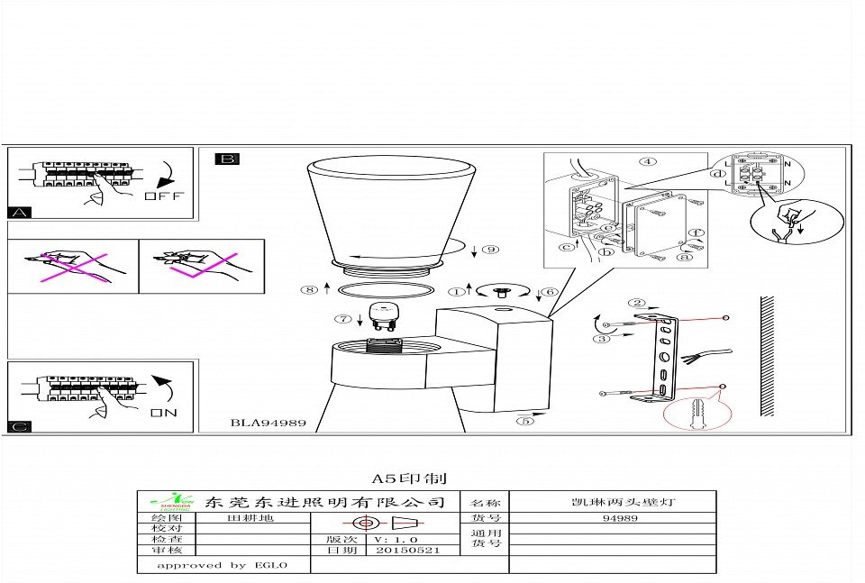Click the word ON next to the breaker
pyautogui.click(x=164, y=414)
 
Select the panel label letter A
pyautogui.click(x=19, y=214)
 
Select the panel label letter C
pyautogui.click(x=19, y=425)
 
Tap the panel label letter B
pyautogui.click(x=227, y=159)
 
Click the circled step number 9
pyautogui.click(x=490, y=249)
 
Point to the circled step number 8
pyautogui.click(x=310, y=289)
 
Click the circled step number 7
pyautogui.click(x=343, y=318)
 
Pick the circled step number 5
pyautogui.click(x=526, y=420)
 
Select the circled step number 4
pyautogui.click(x=648, y=162)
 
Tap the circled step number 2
pyautogui.click(x=638, y=303)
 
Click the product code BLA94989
pyautogui.click(x=269, y=422)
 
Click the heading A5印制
pyautogui.click(x=409, y=478)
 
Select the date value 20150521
pyautogui.click(x=407, y=550)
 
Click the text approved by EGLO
pyautogui.click(x=222, y=565)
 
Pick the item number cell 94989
pyautogui.click(x=620, y=519)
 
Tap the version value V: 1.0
pyautogui.click(x=395, y=539)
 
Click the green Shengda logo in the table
pyautogui.click(x=168, y=501)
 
